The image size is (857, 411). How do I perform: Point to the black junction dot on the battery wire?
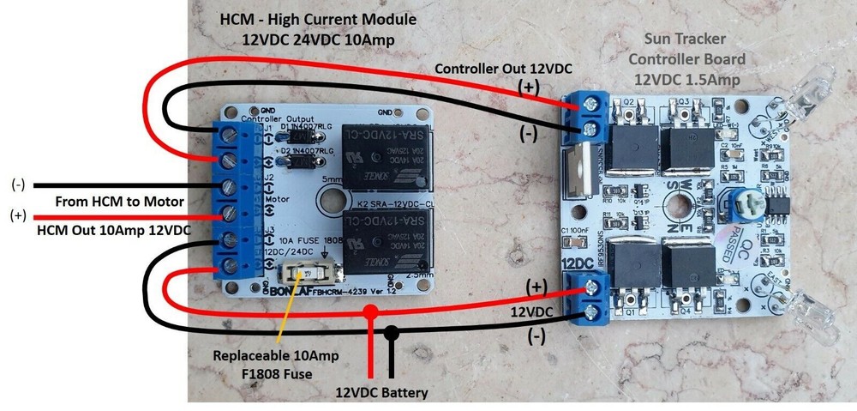392,331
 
